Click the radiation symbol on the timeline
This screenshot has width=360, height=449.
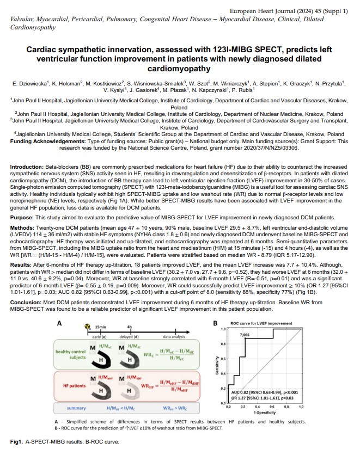click(86, 327)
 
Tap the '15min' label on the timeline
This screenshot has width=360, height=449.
click(100, 327)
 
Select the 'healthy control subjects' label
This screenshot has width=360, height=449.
click(70, 354)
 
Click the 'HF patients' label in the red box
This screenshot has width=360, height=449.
click(71, 386)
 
